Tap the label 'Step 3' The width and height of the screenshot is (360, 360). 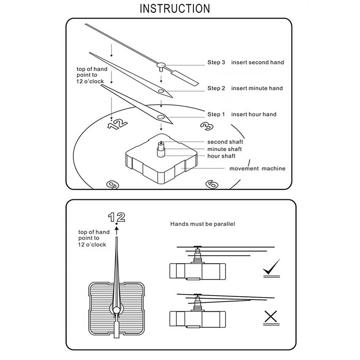pyautogui.click(x=216, y=62)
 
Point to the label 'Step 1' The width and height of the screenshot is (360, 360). pyautogui.click(x=216, y=114)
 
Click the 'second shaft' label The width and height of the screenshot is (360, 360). pyautogui.click(x=225, y=142)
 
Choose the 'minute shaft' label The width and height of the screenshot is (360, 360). pyautogui.click(x=225, y=149)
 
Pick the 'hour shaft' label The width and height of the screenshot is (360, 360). pyautogui.click(x=221, y=156)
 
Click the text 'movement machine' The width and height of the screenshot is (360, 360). pyautogui.click(x=257, y=169)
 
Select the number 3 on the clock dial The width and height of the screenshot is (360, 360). pyautogui.click(x=206, y=126)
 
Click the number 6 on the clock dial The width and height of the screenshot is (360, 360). pyautogui.click(x=211, y=184)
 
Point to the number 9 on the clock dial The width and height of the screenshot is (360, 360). pyautogui.click(x=112, y=184)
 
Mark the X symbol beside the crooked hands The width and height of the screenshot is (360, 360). pyautogui.click(x=270, y=317)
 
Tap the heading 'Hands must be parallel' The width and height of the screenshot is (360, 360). pyautogui.click(x=203, y=223)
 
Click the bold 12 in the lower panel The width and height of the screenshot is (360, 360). pyautogui.click(x=117, y=217)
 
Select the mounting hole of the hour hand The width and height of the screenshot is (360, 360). pyautogui.click(x=161, y=117)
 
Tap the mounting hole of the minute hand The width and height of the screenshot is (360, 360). pyautogui.click(x=161, y=91)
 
